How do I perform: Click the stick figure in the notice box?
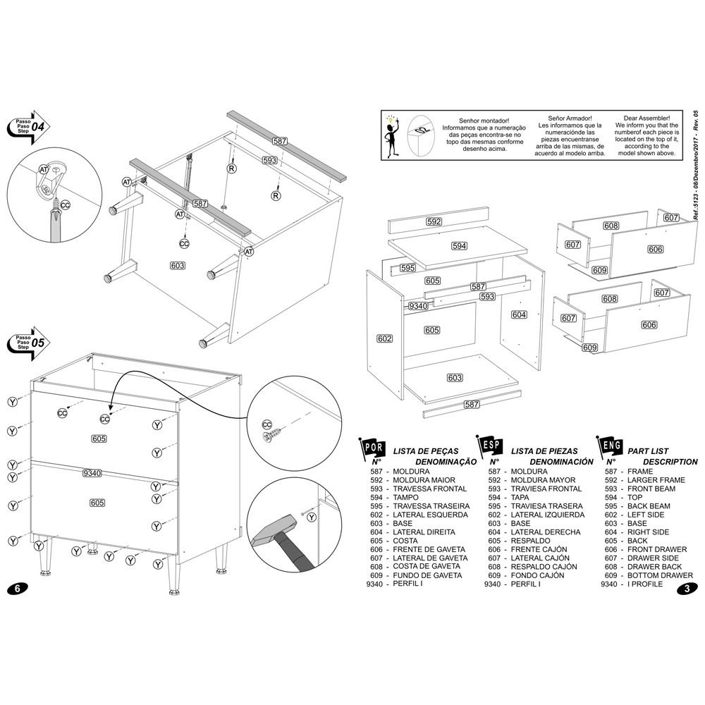point(392,133)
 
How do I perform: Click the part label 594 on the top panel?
point(459,246)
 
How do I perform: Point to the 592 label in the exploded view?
point(434,221)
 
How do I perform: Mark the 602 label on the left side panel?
point(384,338)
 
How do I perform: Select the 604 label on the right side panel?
point(519,314)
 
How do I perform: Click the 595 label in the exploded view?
point(407,268)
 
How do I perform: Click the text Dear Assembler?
point(652,120)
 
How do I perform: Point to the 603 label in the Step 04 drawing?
point(178,265)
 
